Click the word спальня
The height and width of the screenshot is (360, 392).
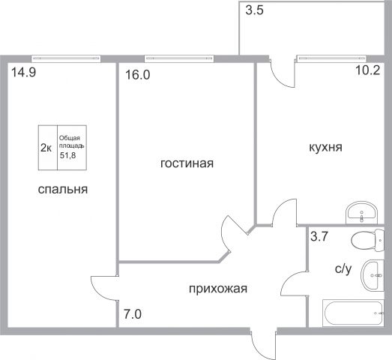coord(63,190)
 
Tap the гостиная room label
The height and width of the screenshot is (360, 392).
coord(187,163)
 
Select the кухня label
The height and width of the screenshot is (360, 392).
coord(325,147)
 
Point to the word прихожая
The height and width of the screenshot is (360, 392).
coord(218,289)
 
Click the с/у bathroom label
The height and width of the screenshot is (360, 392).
coord(343,268)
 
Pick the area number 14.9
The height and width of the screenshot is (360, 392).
coord(24,73)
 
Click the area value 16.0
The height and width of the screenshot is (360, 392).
coord(137,75)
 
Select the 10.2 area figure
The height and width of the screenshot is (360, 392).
coord(368,70)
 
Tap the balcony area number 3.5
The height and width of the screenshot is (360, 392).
coord(255,11)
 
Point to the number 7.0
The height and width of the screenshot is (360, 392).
coord(133,314)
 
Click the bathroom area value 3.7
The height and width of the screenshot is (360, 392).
coord(319,236)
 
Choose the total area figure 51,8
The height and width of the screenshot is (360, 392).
coord(67,155)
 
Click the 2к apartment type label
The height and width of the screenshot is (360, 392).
coord(46,148)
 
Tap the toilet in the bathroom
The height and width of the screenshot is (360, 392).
coord(367,240)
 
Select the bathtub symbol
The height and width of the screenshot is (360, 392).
coord(353,313)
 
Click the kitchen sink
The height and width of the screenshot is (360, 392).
coord(361,213)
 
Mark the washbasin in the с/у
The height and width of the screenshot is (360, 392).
coord(373,275)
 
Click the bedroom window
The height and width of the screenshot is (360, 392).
coord(66,58)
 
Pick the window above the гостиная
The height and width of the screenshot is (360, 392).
coord(179,58)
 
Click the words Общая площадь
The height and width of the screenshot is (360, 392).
coord(71,142)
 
